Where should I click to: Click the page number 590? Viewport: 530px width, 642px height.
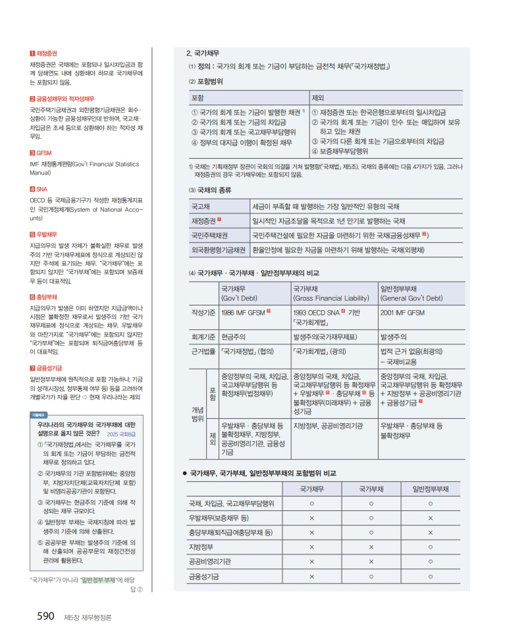click(44, 616)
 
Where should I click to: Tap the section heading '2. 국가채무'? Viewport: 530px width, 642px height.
click(203, 53)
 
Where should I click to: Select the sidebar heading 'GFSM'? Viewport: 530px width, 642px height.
click(44, 153)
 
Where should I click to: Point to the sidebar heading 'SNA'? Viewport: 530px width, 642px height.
click(42, 188)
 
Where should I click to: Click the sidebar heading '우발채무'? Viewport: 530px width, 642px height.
click(47, 234)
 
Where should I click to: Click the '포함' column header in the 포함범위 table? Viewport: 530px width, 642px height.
click(197, 97)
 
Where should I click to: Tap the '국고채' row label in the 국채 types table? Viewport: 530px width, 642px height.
click(200, 207)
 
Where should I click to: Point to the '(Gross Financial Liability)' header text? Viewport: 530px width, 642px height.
click(331, 298)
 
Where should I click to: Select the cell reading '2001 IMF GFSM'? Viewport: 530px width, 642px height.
click(402, 312)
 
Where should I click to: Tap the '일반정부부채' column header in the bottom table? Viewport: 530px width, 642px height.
click(431, 489)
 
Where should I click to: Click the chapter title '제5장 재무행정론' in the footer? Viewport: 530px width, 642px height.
click(88, 618)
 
